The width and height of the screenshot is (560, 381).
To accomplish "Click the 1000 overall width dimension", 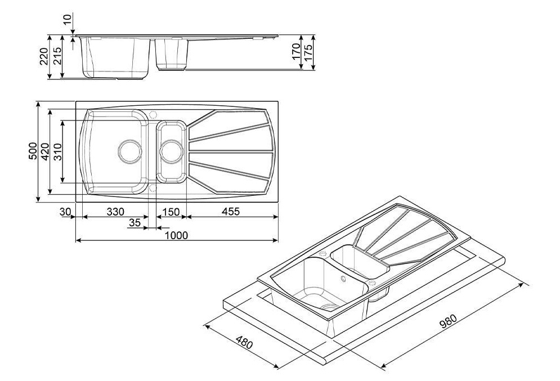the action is coord(177,236).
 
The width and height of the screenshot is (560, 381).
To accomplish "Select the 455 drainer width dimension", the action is coord(230,212).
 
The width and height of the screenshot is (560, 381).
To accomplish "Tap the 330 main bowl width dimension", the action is coord(115,212).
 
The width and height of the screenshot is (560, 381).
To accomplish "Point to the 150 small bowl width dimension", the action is coord(171,212).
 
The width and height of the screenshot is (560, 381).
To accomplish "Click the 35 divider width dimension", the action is coord(135,223).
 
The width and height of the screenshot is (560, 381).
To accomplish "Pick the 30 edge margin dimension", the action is coord(65,212).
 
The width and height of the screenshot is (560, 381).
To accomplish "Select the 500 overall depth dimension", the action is coord(33,151).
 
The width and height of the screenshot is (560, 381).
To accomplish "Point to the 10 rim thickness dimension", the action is coord(67,18).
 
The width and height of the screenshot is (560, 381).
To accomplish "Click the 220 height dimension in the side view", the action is coord(44,56).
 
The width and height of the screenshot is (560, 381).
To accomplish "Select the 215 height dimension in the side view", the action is coord(57,56).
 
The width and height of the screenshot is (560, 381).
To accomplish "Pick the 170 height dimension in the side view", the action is coord(296,51).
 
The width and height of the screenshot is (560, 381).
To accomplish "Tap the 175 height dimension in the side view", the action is coord(308,52).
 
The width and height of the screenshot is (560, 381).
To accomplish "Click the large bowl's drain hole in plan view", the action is coord(130,151).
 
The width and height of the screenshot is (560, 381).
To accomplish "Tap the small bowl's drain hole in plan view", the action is coord(172,151).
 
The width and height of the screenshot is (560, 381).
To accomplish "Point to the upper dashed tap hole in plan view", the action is coord(153,115).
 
